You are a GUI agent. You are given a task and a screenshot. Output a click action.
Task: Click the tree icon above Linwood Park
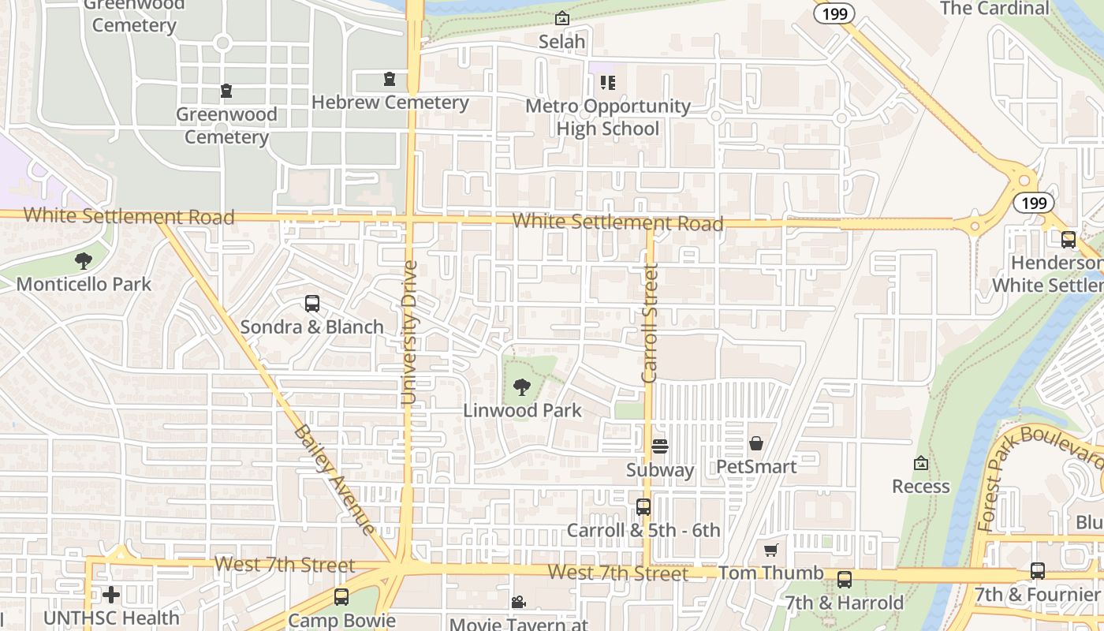coord(521,387)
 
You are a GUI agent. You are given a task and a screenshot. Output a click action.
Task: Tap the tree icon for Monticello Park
coord(84,261)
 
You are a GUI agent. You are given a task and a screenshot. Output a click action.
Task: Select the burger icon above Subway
coord(660,446)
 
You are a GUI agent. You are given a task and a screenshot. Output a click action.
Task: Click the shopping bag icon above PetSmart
coord(756,443)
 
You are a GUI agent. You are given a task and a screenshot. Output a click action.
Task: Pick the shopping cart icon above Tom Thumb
coord(771,550)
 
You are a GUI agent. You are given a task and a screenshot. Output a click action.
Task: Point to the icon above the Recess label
coord(920,463)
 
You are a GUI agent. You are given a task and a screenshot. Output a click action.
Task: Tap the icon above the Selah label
coord(561,18)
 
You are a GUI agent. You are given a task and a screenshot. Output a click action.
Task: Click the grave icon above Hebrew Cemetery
coord(389,79)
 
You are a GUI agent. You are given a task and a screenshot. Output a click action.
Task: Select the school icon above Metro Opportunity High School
coord(607,82)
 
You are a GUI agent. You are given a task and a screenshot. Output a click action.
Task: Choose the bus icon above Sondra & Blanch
coord(312,304)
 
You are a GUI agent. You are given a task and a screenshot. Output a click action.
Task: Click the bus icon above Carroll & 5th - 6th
coord(643,507)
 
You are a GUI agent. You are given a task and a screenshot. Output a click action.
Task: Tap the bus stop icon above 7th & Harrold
coord(845,580)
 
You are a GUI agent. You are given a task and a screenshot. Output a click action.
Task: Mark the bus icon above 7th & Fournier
coord(1038,571)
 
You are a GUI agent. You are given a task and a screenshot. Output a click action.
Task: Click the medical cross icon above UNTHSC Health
coord(111,595)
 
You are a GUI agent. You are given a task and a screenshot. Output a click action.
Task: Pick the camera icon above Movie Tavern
coord(518,603)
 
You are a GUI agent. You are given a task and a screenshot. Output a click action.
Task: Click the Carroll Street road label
coord(650,323)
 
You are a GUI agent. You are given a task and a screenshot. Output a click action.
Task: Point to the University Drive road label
coord(408,333)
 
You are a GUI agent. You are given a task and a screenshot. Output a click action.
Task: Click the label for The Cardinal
coord(994,9)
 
